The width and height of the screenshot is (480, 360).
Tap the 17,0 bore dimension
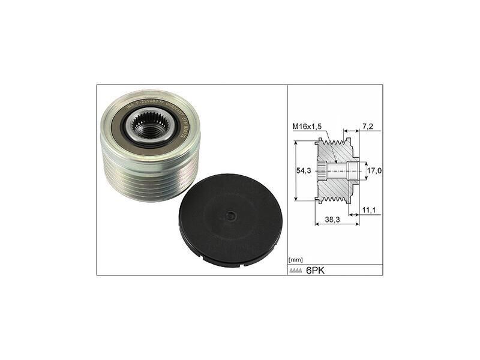coord(374,172)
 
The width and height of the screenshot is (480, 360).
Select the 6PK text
coord(317,270)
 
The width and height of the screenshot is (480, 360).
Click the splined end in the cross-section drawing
coord(322,172)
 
